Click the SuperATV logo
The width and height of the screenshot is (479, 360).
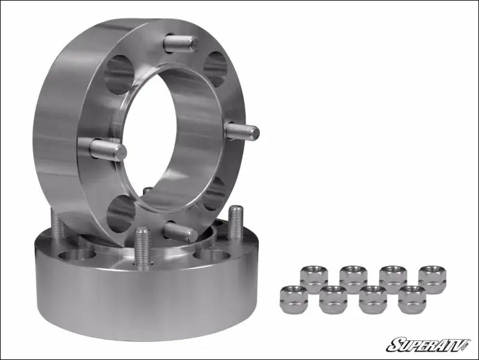429,344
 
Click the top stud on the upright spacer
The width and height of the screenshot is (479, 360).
181,43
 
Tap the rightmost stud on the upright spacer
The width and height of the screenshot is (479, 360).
242,131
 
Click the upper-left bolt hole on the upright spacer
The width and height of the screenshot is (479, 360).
119,75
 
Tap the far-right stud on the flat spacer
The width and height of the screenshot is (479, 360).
235,222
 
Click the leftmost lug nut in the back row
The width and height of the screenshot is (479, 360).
314,279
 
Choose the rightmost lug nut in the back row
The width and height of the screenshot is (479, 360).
432,279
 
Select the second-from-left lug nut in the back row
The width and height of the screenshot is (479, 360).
353,279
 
